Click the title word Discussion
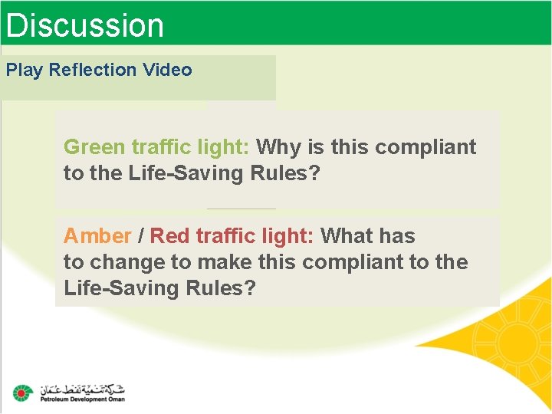[84, 25]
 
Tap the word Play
[25, 70]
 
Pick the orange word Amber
[97, 235]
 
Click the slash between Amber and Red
[140, 235]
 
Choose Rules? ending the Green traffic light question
[284, 173]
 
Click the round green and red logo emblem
[23, 393]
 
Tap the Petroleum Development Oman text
[82, 399]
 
